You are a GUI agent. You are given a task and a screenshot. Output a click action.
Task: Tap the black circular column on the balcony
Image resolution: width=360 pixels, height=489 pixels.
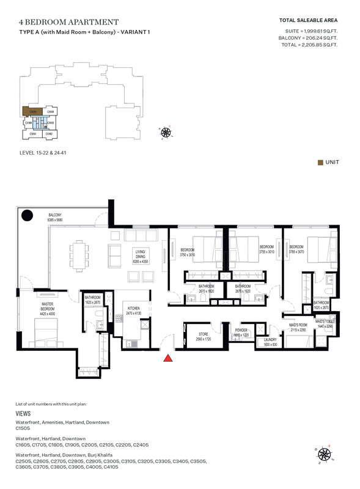click(x=28, y=215)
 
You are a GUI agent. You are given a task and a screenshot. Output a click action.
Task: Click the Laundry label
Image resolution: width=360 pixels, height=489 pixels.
click(x=270, y=342)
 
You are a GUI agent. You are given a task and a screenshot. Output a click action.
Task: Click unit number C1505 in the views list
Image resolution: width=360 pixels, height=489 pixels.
click(x=23, y=428)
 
